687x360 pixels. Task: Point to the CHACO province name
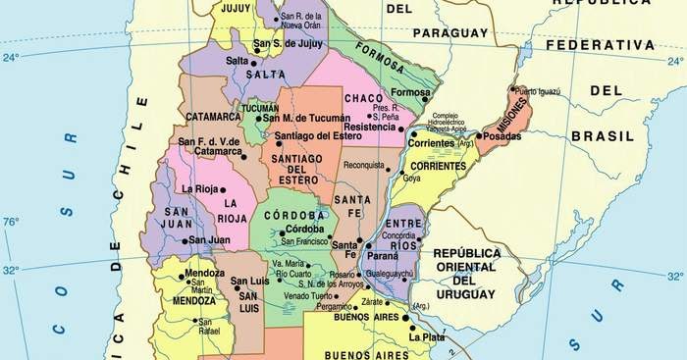362,98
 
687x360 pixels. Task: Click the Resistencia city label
369,128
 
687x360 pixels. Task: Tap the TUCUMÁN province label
260,108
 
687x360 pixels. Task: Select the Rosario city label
343,275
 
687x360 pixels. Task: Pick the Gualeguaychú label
390,274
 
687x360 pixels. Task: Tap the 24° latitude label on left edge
11,58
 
